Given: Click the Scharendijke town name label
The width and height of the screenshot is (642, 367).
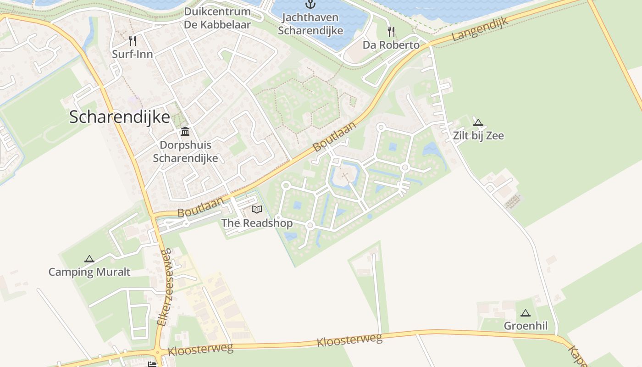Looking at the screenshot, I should (119, 117).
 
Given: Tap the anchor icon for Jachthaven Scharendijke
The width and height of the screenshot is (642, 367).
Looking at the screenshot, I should (311, 5).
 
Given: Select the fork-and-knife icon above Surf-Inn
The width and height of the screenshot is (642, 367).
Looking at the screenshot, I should (133, 41).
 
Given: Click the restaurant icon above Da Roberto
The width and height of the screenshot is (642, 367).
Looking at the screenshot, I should (391, 32).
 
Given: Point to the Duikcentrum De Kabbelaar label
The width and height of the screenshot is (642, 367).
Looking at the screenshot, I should (217, 18).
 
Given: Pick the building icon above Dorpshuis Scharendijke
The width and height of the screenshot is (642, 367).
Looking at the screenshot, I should (185, 132).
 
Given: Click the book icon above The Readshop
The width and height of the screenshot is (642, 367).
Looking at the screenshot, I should (257, 210).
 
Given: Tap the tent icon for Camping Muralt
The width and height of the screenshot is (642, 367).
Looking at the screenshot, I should (89, 259).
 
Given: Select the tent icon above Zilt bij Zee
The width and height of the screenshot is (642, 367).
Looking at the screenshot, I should (478, 122).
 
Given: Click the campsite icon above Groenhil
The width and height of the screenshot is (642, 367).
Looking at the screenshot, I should (526, 313).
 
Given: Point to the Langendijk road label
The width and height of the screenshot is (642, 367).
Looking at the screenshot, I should (481, 30).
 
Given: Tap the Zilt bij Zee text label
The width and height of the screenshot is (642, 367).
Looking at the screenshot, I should (478, 136).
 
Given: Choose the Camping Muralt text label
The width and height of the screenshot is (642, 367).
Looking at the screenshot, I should (89, 272).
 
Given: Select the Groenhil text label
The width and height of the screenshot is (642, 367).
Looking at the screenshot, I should (526, 326).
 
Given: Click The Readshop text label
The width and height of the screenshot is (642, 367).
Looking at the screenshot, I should (257, 223).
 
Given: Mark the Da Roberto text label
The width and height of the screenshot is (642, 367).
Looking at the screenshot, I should (391, 45).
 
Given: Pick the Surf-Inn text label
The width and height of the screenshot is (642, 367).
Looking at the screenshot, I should (133, 54).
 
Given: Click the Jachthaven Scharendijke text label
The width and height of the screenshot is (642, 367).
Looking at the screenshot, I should (310, 24).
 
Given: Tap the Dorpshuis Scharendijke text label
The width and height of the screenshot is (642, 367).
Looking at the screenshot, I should (185, 152).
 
